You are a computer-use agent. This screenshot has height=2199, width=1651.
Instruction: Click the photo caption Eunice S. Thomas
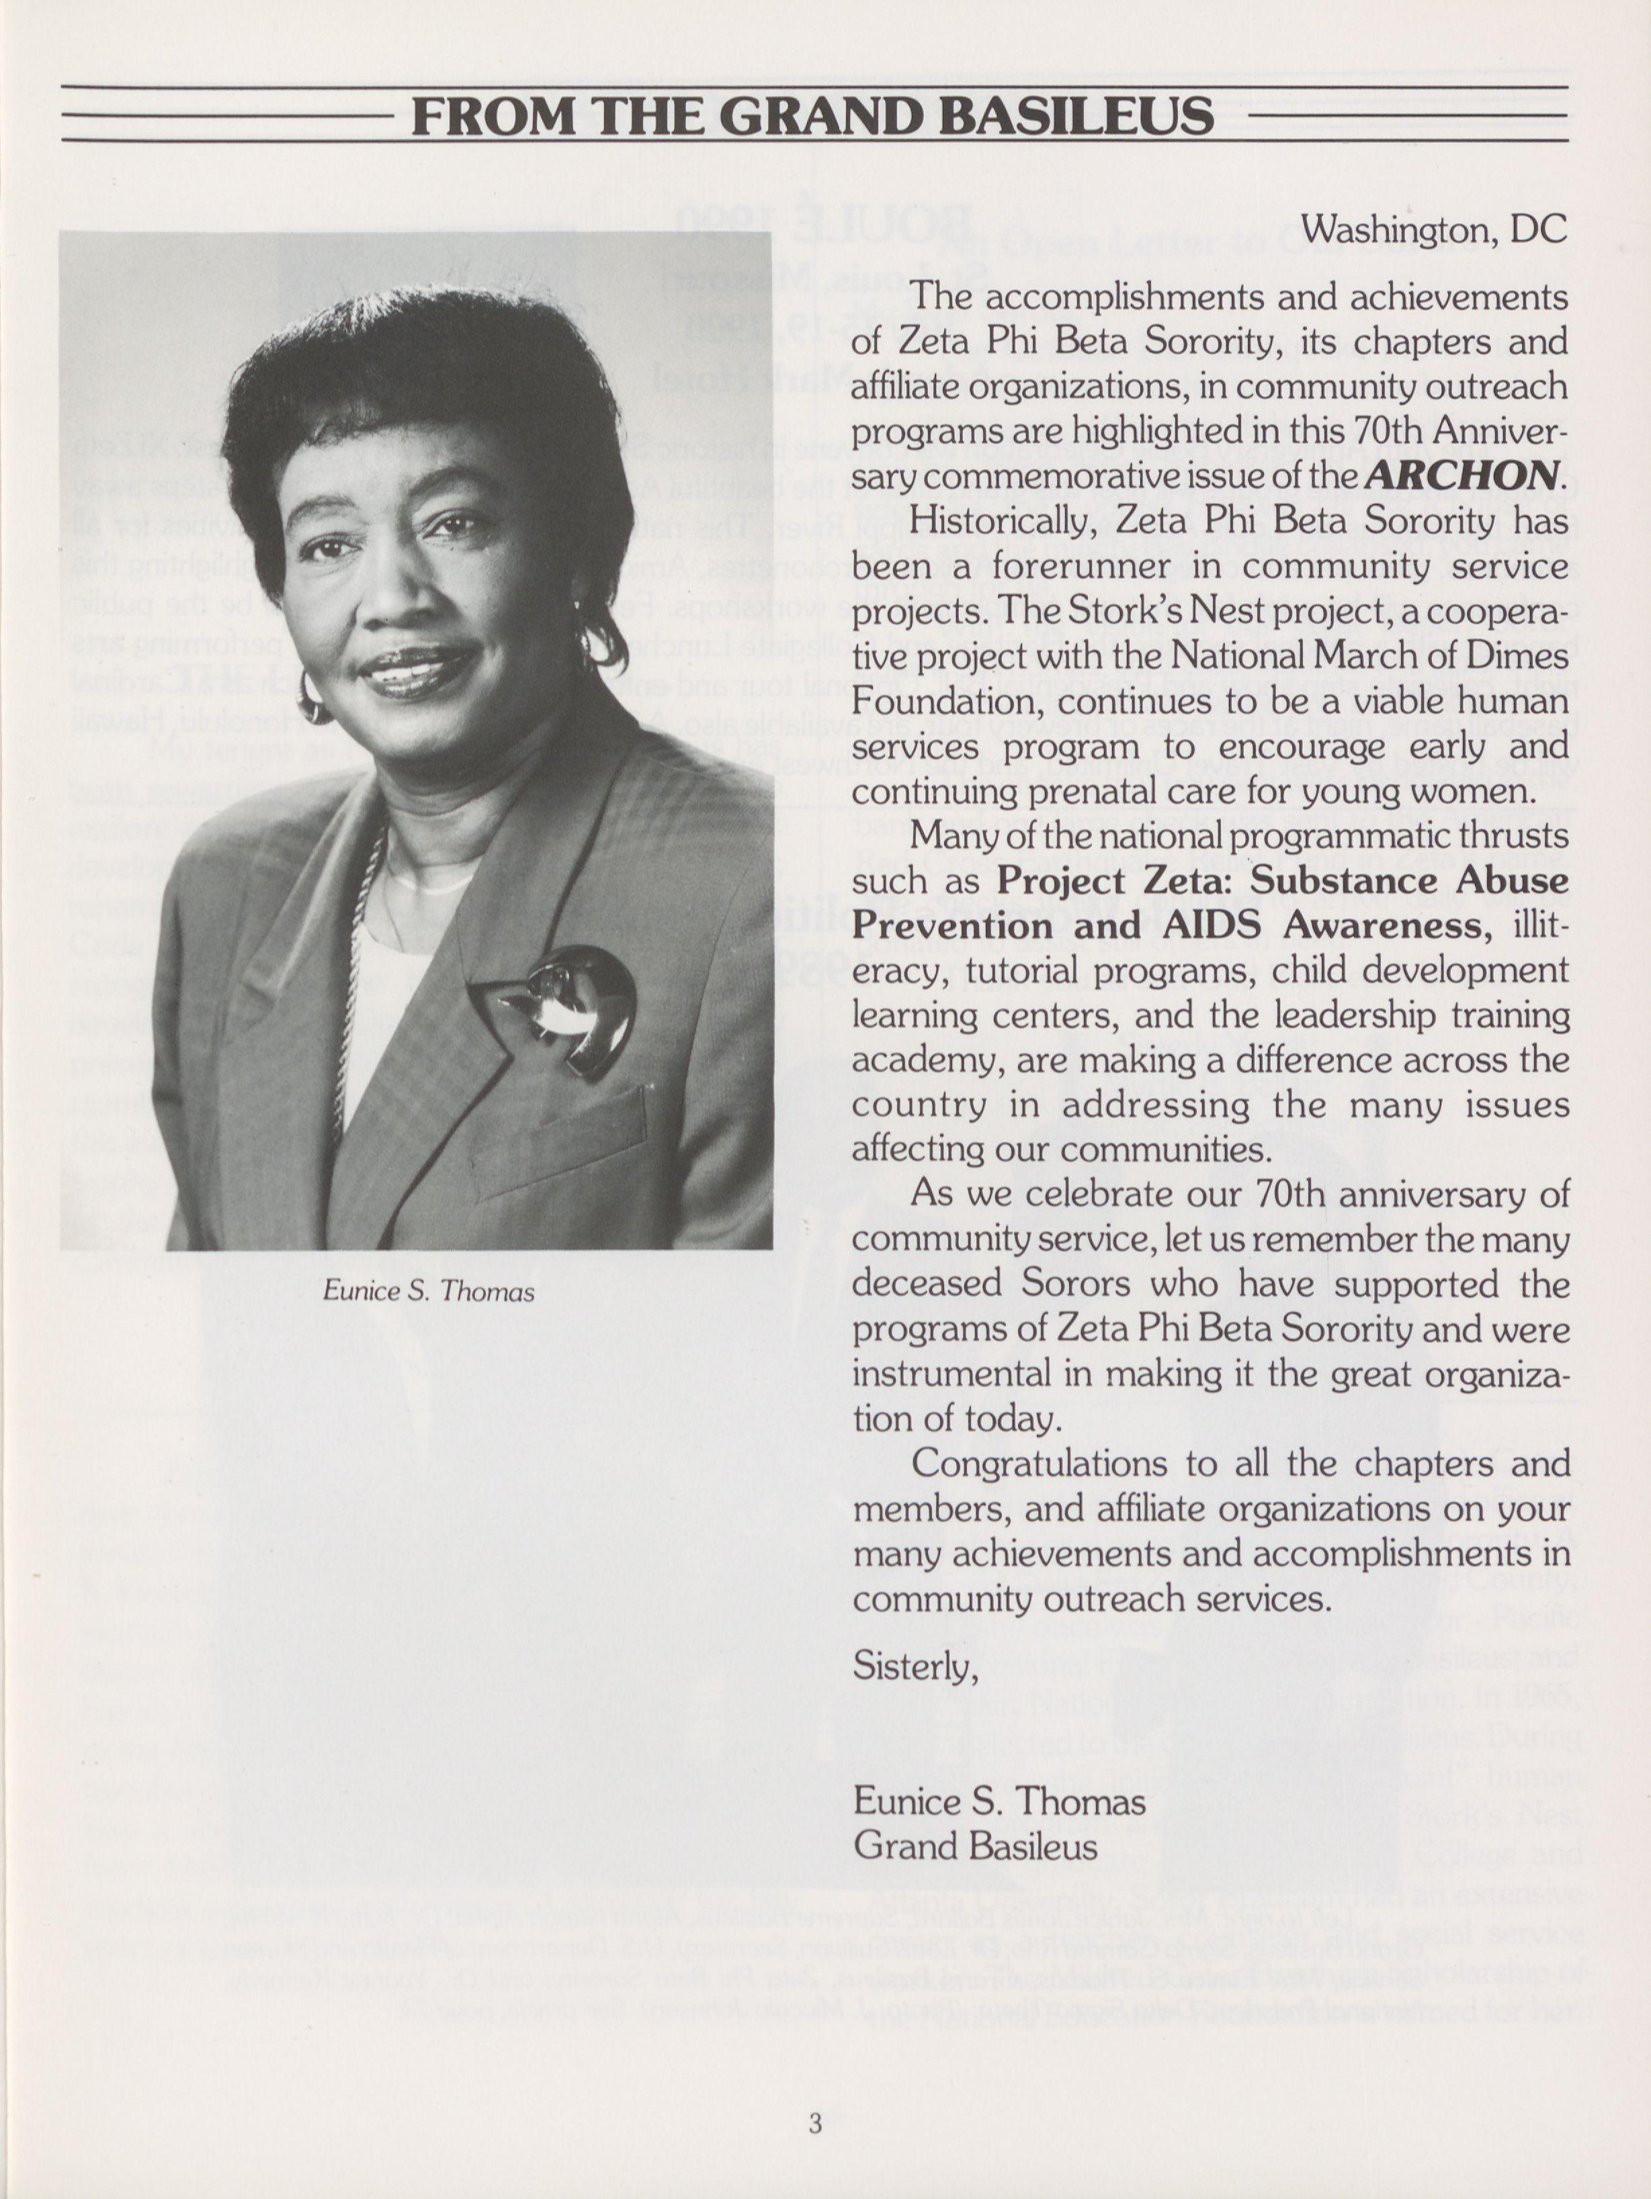coord(429,1291)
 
